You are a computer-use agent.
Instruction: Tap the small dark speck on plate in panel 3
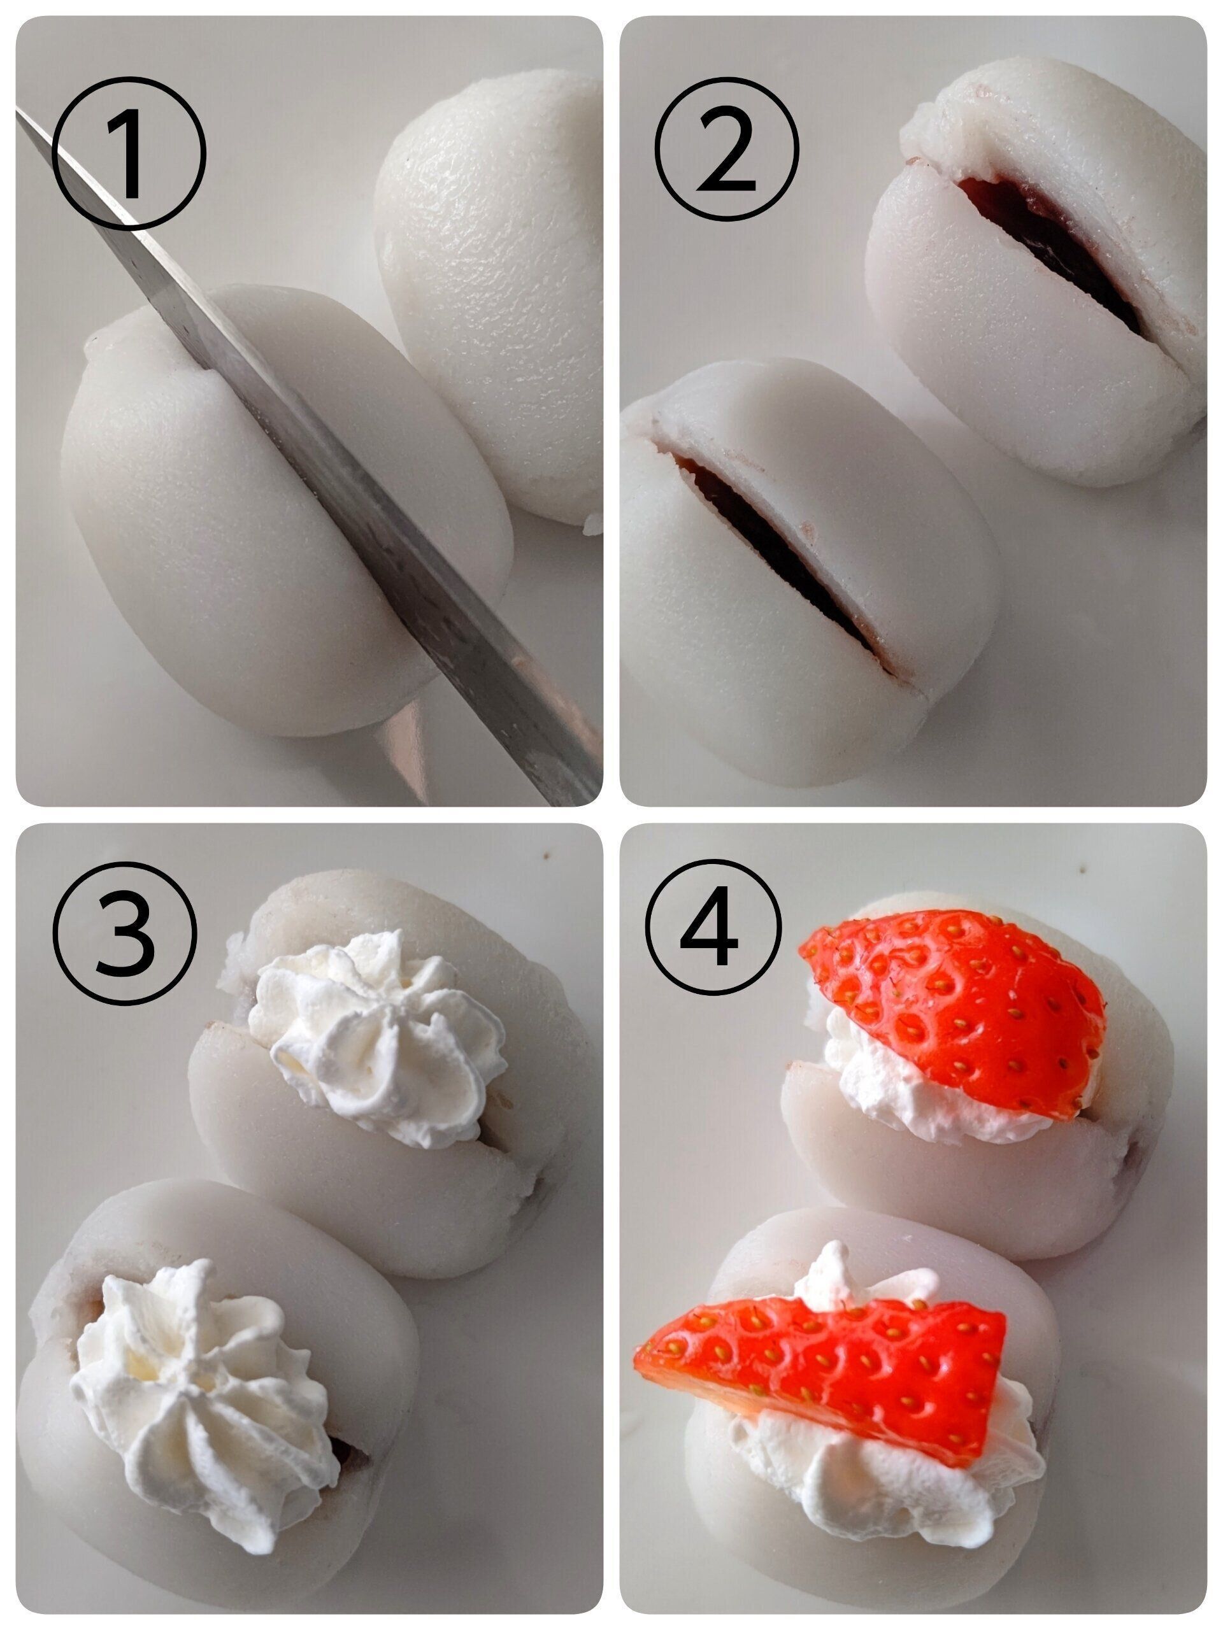(547, 856)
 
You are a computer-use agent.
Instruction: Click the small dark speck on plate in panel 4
(1083, 870)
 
